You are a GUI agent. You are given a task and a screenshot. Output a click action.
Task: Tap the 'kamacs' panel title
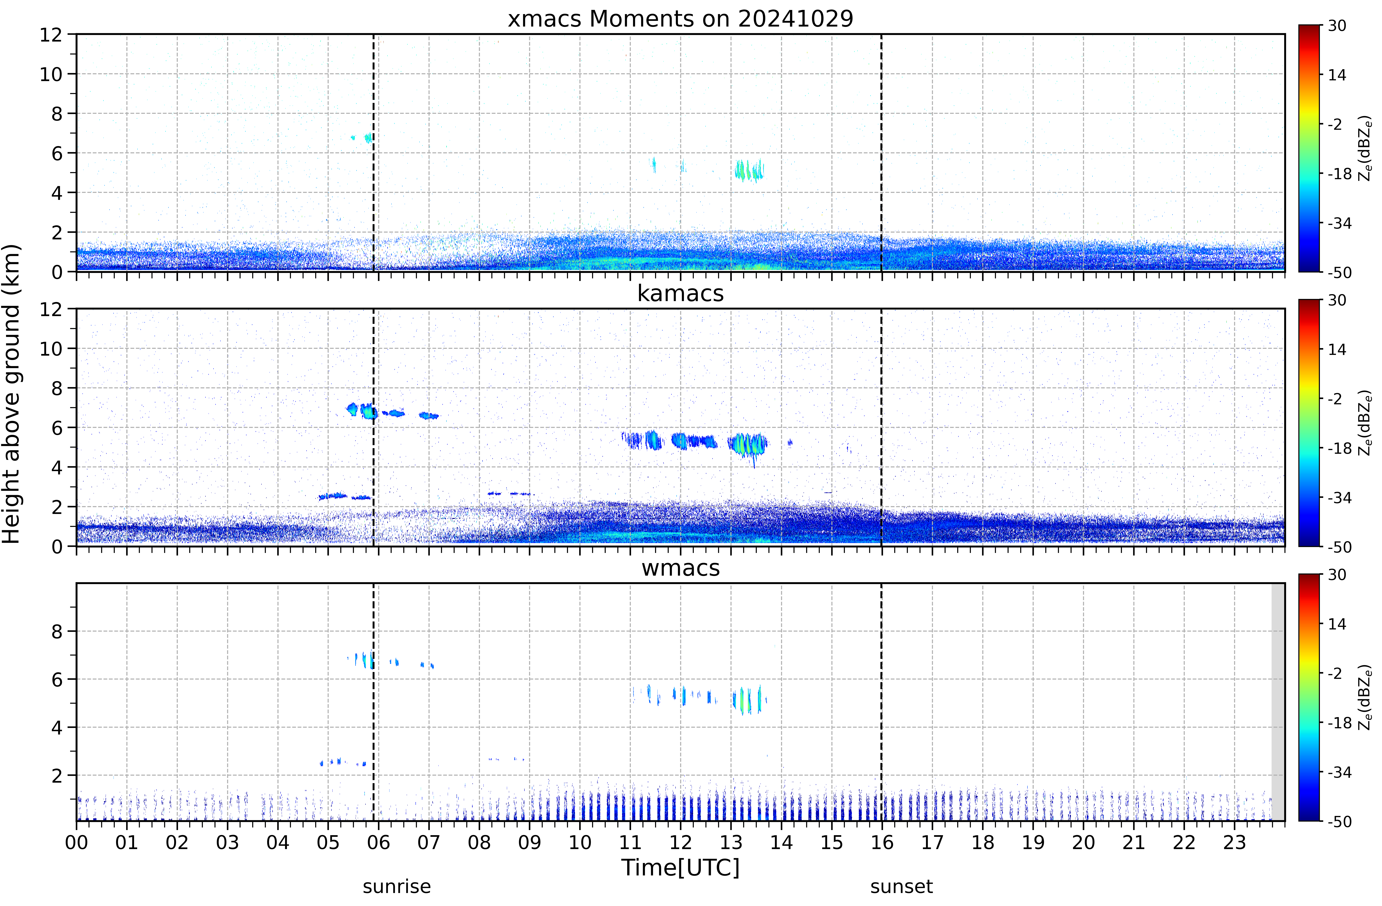click(680, 294)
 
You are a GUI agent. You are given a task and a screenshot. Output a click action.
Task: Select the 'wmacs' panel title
click(680, 568)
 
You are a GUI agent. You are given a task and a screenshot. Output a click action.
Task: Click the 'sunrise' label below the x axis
click(397, 887)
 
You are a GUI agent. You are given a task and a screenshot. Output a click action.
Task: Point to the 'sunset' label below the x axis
click(901, 887)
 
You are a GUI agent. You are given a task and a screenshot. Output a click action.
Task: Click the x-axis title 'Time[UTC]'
click(680, 868)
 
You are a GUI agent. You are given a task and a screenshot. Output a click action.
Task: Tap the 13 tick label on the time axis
click(731, 842)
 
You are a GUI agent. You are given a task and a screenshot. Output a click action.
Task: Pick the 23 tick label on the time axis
click(1235, 842)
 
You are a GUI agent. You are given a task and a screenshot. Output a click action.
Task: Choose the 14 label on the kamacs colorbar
click(1337, 349)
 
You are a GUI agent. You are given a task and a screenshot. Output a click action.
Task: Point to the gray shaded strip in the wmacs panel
click(1277, 702)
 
